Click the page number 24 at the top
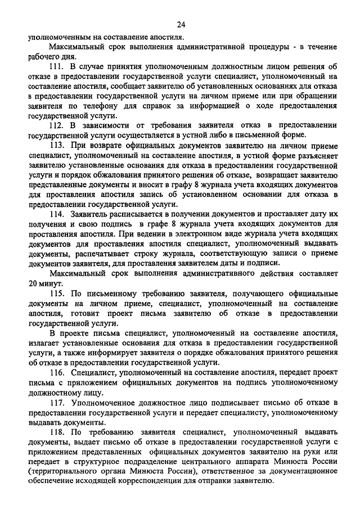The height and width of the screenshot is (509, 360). tap(180, 23)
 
